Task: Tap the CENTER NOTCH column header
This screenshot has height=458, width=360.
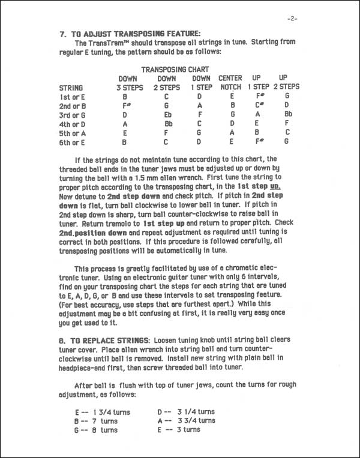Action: (230, 82)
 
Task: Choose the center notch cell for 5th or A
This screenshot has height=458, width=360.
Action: (230, 132)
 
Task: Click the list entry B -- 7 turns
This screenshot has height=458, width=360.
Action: (95, 421)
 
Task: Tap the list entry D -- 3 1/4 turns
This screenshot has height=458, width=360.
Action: (186, 412)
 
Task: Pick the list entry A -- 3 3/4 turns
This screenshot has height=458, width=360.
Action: (186, 421)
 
